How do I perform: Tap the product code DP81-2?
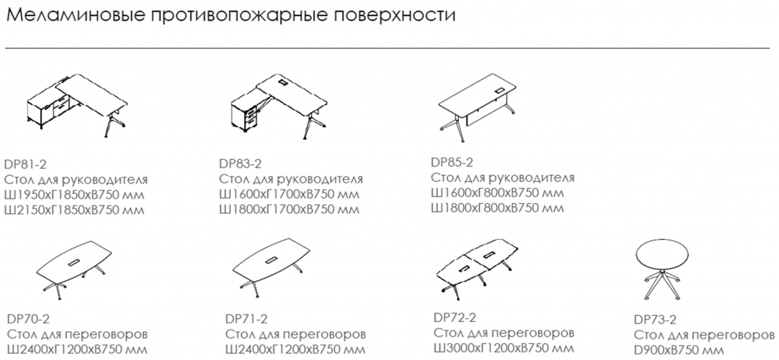coord(25,163)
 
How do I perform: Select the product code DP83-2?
coord(240,163)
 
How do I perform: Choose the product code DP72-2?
coord(455,317)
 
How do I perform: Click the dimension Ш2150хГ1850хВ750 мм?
coord(75,211)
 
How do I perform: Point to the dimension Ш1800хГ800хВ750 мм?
coord(497,208)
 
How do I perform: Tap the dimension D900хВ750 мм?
coord(676,350)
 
